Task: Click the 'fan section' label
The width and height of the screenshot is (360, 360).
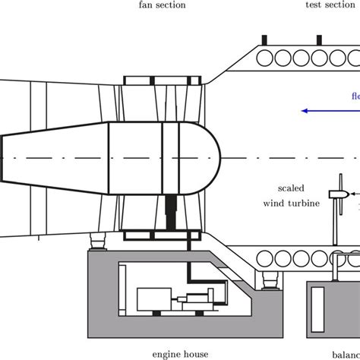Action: pos(162,5)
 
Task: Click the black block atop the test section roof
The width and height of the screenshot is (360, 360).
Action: pos(264,39)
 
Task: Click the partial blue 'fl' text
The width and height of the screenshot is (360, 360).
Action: pos(355,97)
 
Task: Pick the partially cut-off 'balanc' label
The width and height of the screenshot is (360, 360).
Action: pos(346,354)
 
